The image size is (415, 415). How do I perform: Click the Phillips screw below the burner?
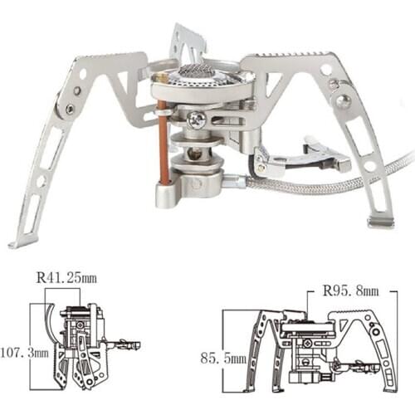197,119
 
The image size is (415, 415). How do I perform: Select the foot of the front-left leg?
18,243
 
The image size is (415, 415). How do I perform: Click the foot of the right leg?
381,222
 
